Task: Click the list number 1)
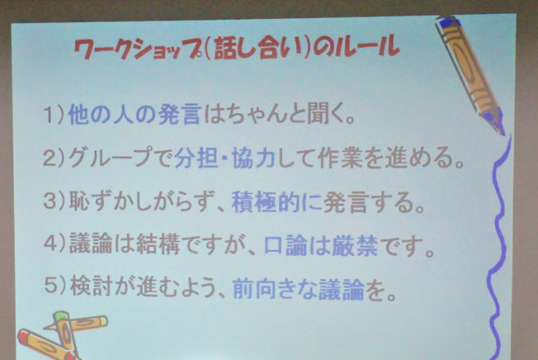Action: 54,115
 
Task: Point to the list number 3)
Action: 54,201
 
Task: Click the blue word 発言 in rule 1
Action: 179,114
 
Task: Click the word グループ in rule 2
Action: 110,157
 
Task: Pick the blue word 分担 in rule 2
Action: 196,157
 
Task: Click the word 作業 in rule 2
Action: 340,158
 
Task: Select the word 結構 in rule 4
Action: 158,244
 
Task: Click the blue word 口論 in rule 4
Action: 286,245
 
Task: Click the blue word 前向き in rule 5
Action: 265,289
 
